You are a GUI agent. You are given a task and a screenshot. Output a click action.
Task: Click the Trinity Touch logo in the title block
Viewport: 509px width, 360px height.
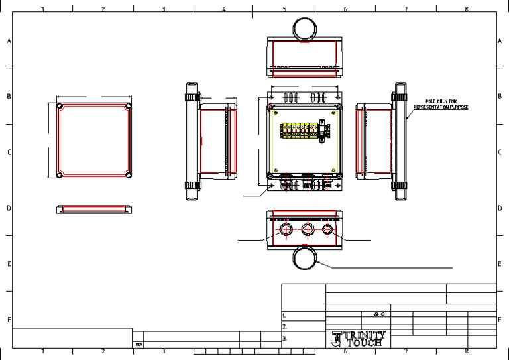(x=358, y=339)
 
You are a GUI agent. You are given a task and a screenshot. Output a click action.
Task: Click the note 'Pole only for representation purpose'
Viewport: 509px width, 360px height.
(x=441, y=104)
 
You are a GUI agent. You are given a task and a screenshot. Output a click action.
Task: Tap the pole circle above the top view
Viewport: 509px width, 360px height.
(x=306, y=29)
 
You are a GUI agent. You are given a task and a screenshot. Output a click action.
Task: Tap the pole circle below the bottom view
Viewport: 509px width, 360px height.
(x=306, y=259)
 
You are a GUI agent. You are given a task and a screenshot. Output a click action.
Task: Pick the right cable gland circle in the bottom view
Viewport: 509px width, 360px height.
(x=327, y=230)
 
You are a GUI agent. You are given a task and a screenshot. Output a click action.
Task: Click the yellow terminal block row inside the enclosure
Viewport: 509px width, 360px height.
(x=300, y=130)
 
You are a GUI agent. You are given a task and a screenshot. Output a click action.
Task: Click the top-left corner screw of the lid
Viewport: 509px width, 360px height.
(x=60, y=106)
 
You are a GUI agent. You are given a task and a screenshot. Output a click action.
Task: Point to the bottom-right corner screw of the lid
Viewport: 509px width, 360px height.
(x=128, y=176)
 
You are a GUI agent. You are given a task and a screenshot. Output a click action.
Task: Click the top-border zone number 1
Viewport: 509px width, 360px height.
(x=43, y=9)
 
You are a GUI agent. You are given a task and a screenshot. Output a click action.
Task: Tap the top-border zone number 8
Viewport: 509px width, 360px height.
(x=467, y=9)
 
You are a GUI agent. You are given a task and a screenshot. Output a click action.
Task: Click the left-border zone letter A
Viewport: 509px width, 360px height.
(x=9, y=41)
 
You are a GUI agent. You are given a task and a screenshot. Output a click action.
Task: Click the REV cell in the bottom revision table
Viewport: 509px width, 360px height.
(x=139, y=345)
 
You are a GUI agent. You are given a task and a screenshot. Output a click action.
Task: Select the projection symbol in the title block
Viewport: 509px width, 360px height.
(x=379, y=314)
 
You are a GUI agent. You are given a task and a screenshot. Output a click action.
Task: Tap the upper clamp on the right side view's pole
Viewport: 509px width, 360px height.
(x=400, y=95)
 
